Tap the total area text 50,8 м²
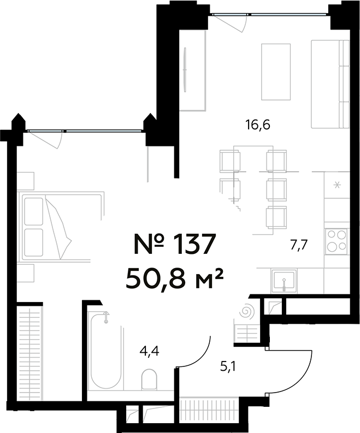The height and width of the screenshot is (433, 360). pos(175,279)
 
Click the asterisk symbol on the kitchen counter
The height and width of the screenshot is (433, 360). pos(337,185)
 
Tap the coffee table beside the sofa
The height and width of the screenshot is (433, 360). pos(276,71)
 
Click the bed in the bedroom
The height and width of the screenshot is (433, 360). pos(60,226)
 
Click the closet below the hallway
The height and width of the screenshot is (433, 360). pos(210,408)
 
